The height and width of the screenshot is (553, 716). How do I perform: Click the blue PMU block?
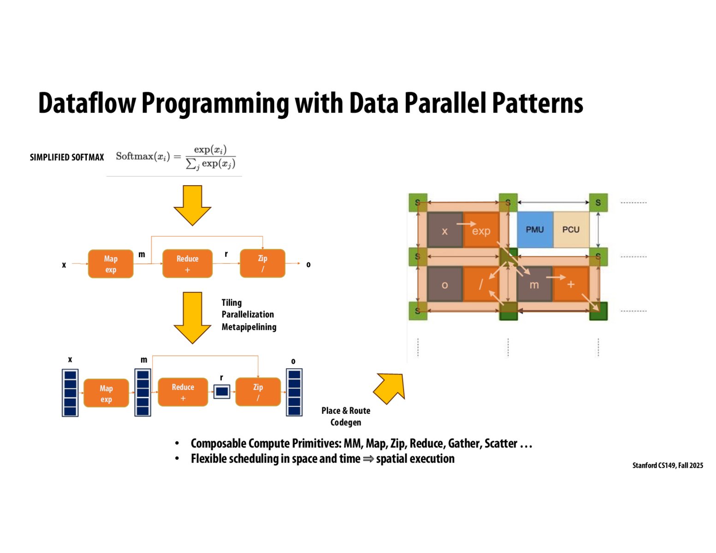[x=535, y=229]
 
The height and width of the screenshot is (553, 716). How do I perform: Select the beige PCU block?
[x=571, y=229]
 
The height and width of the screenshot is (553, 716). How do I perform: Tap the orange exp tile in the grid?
[x=481, y=230]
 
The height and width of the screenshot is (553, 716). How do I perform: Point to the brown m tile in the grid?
[x=534, y=284]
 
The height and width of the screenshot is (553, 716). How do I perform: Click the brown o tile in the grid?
[x=444, y=284]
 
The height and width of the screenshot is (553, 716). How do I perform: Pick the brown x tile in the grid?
[x=444, y=230]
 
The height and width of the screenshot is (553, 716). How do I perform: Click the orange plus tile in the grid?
[x=571, y=284]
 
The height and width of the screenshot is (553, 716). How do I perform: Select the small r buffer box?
[x=222, y=392]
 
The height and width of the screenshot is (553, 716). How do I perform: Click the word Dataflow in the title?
[x=87, y=103]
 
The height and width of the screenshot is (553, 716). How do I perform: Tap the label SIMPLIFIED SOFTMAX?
[x=67, y=157]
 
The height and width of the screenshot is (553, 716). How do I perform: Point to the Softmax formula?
[x=175, y=157]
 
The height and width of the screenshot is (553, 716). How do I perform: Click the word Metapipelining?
[x=249, y=327]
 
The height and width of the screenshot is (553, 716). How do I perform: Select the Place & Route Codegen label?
[x=346, y=416]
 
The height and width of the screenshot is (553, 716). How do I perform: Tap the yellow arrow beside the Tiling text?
[x=192, y=317]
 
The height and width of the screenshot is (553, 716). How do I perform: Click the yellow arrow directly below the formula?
[x=192, y=205]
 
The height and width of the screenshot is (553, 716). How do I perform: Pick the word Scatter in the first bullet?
[x=501, y=443]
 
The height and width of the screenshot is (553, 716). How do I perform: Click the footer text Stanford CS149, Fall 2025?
[x=668, y=465]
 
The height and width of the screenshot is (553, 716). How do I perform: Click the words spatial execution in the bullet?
[x=415, y=459]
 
